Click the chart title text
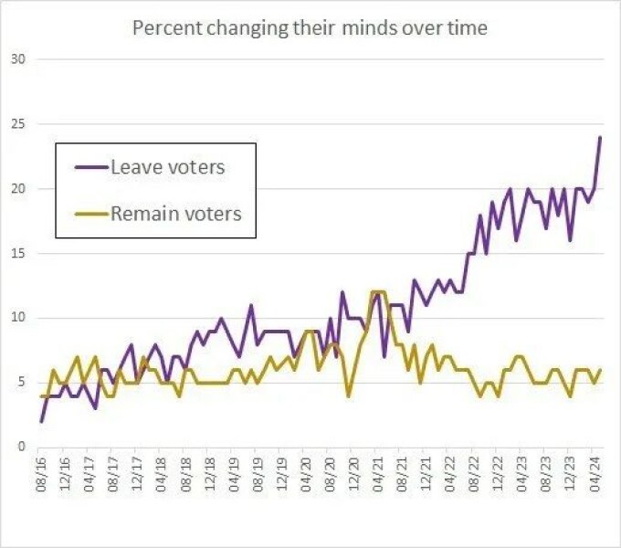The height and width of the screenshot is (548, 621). tap(310, 27)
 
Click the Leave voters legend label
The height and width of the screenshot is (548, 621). tap(167, 167)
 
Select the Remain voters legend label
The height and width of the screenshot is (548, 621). tap(175, 214)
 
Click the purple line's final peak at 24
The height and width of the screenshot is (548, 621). tap(600, 138)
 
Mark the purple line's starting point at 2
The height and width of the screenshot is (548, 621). tap(42, 421)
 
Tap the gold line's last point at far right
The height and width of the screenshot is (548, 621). tap(600, 369)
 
